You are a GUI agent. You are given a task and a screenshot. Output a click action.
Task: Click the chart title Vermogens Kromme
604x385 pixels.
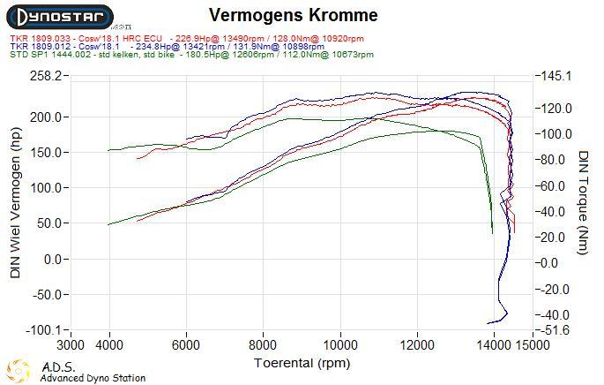tap(293, 15)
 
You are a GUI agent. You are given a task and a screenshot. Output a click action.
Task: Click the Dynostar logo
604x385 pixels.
tap(60, 18)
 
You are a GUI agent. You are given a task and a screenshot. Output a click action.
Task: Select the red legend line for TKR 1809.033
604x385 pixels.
tap(187, 39)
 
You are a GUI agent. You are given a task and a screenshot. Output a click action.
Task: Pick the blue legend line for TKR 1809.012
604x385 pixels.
tap(168, 47)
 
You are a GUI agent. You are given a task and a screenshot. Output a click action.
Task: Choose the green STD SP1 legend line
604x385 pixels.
tap(192, 55)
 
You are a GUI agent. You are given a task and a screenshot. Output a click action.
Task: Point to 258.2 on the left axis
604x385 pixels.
tap(46, 76)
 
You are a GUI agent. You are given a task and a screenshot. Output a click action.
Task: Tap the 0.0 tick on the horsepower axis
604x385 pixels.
tap(53, 260)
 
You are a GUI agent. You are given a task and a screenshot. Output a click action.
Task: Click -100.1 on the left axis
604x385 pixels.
tap(43, 330)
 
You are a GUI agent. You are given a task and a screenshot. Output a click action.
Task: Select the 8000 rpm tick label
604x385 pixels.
tap(263, 344)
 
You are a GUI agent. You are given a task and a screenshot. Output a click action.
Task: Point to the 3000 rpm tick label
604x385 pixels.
tap(71, 344)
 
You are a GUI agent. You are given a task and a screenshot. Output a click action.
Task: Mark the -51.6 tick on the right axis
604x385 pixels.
tap(555, 330)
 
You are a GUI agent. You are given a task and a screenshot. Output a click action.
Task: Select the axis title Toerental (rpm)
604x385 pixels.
tap(302, 363)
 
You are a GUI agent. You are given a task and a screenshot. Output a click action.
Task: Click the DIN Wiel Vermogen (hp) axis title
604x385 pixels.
tap(15, 203)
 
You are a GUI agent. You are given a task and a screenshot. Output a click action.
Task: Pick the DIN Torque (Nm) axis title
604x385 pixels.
tap(583, 202)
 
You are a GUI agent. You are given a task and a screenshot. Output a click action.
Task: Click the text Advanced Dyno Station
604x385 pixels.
tap(93, 378)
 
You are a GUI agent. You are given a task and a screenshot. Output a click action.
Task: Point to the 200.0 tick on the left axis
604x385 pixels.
tap(46, 117)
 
